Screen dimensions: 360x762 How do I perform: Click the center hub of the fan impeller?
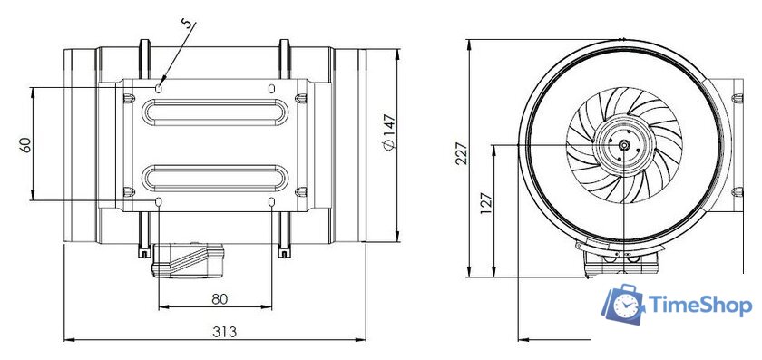(x=624, y=144)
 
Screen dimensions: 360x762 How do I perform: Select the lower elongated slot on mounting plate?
(x=215, y=173)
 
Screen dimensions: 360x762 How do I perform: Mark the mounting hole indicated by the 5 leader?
(x=160, y=88)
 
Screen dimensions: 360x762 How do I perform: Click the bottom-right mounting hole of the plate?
(x=272, y=199)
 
